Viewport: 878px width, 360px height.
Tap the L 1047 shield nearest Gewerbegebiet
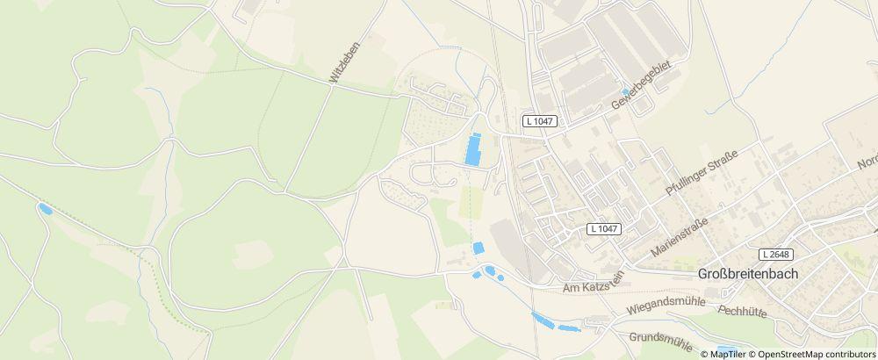(539, 120)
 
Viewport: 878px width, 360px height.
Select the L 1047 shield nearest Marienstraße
(604, 228)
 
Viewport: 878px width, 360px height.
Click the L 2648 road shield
(776, 254)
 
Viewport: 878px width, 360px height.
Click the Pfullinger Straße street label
(702, 173)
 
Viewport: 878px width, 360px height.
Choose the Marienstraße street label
(680, 235)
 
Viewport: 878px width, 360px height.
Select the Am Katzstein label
(594, 283)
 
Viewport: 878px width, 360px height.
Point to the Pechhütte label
(743, 310)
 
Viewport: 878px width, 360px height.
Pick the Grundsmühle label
(660, 339)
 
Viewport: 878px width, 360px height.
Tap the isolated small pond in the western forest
(43, 208)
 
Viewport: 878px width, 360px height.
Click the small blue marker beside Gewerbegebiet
(625, 91)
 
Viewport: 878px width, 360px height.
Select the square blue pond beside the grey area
(479, 248)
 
